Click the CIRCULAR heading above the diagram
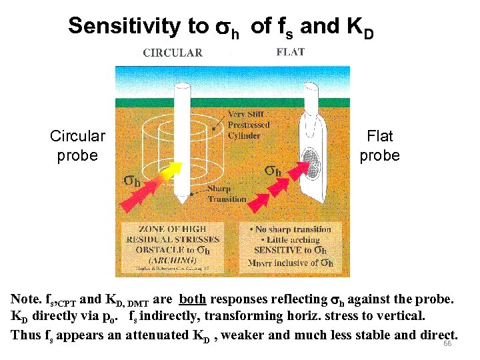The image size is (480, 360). click(x=173, y=53)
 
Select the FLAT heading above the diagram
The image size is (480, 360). click(x=290, y=52)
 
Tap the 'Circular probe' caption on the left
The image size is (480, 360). click(x=77, y=145)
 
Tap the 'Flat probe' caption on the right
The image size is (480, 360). click(x=379, y=145)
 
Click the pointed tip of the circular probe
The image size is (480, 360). click(x=180, y=201)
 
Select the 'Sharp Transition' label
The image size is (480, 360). click(x=227, y=194)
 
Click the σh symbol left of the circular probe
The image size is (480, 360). click(x=132, y=180)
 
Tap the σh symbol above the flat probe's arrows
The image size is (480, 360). click(x=274, y=171)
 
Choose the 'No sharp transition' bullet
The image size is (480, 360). click(x=291, y=229)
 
